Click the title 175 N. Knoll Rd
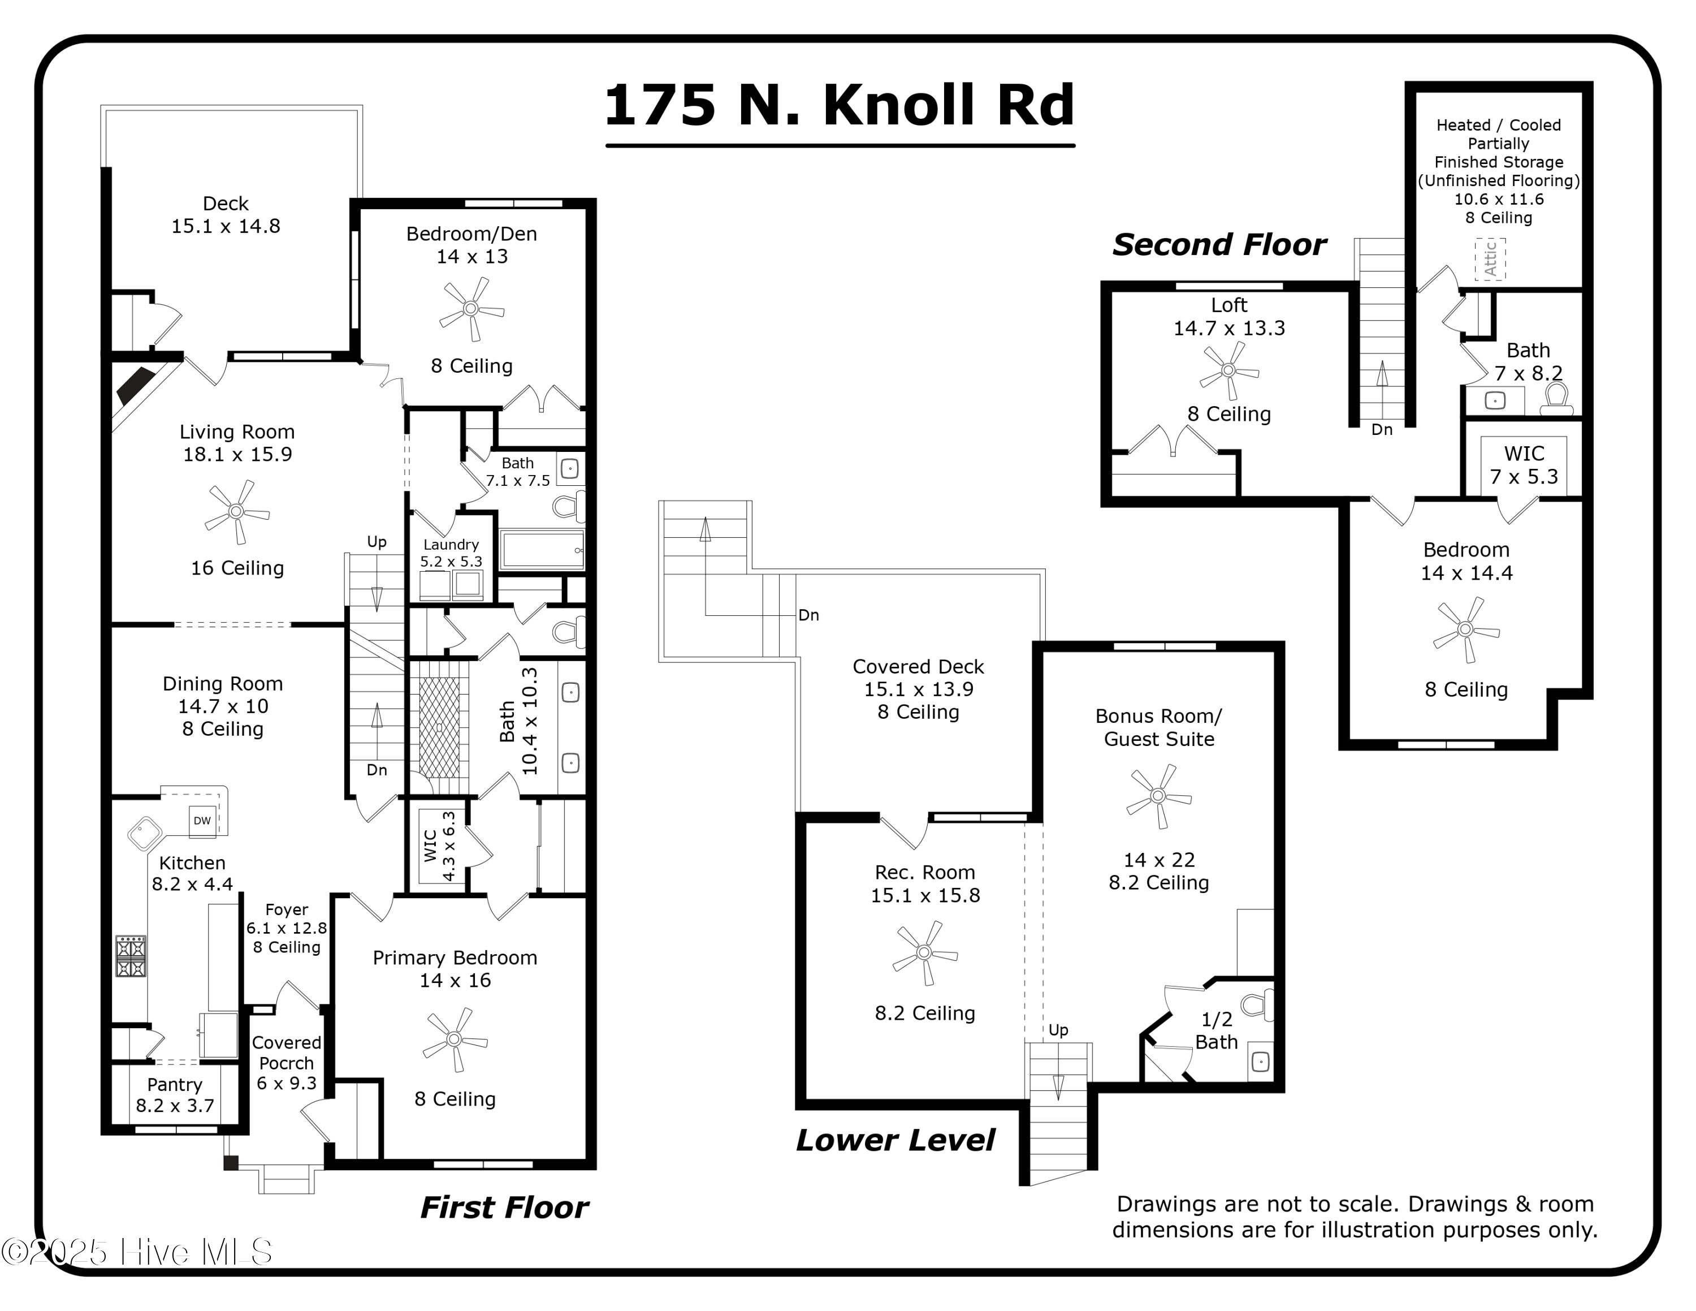(840, 106)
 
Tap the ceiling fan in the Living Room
(237, 512)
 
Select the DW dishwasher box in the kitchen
(202, 821)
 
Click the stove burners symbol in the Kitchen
(131, 956)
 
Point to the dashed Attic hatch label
(1490, 258)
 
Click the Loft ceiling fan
(1228, 370)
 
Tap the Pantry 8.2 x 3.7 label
(175, 1095)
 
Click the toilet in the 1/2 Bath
(1257, 1005)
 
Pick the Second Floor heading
(1219, 245)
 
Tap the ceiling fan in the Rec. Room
(924, 952)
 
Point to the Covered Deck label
(918, 689)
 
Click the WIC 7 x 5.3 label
(1524, 464)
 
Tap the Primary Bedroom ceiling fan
(455, 1039)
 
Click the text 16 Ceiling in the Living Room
(237, 568)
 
